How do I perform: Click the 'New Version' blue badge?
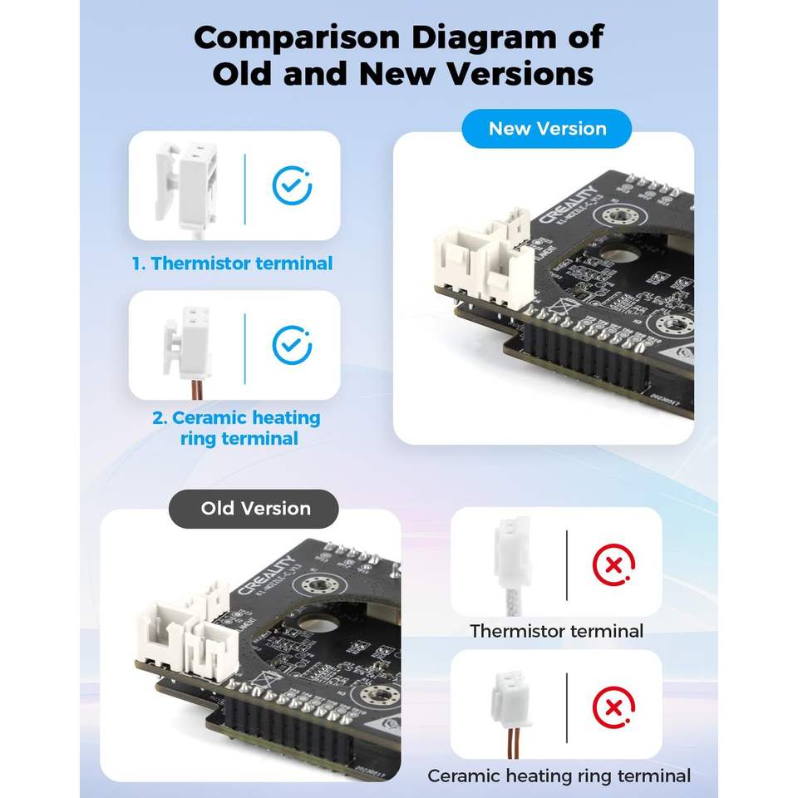pos(547,129)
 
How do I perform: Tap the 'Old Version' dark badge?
pos(255,509)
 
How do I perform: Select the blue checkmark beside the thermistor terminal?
pos(292,186)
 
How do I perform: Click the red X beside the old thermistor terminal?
pos(613,565)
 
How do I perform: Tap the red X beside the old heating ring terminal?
pos(613,708)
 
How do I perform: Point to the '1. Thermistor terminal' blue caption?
pos(233,264)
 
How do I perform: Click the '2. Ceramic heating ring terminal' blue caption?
pos(237,427)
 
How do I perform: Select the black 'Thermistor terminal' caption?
pos(556,631)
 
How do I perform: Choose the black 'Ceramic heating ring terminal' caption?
pos(559,776)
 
